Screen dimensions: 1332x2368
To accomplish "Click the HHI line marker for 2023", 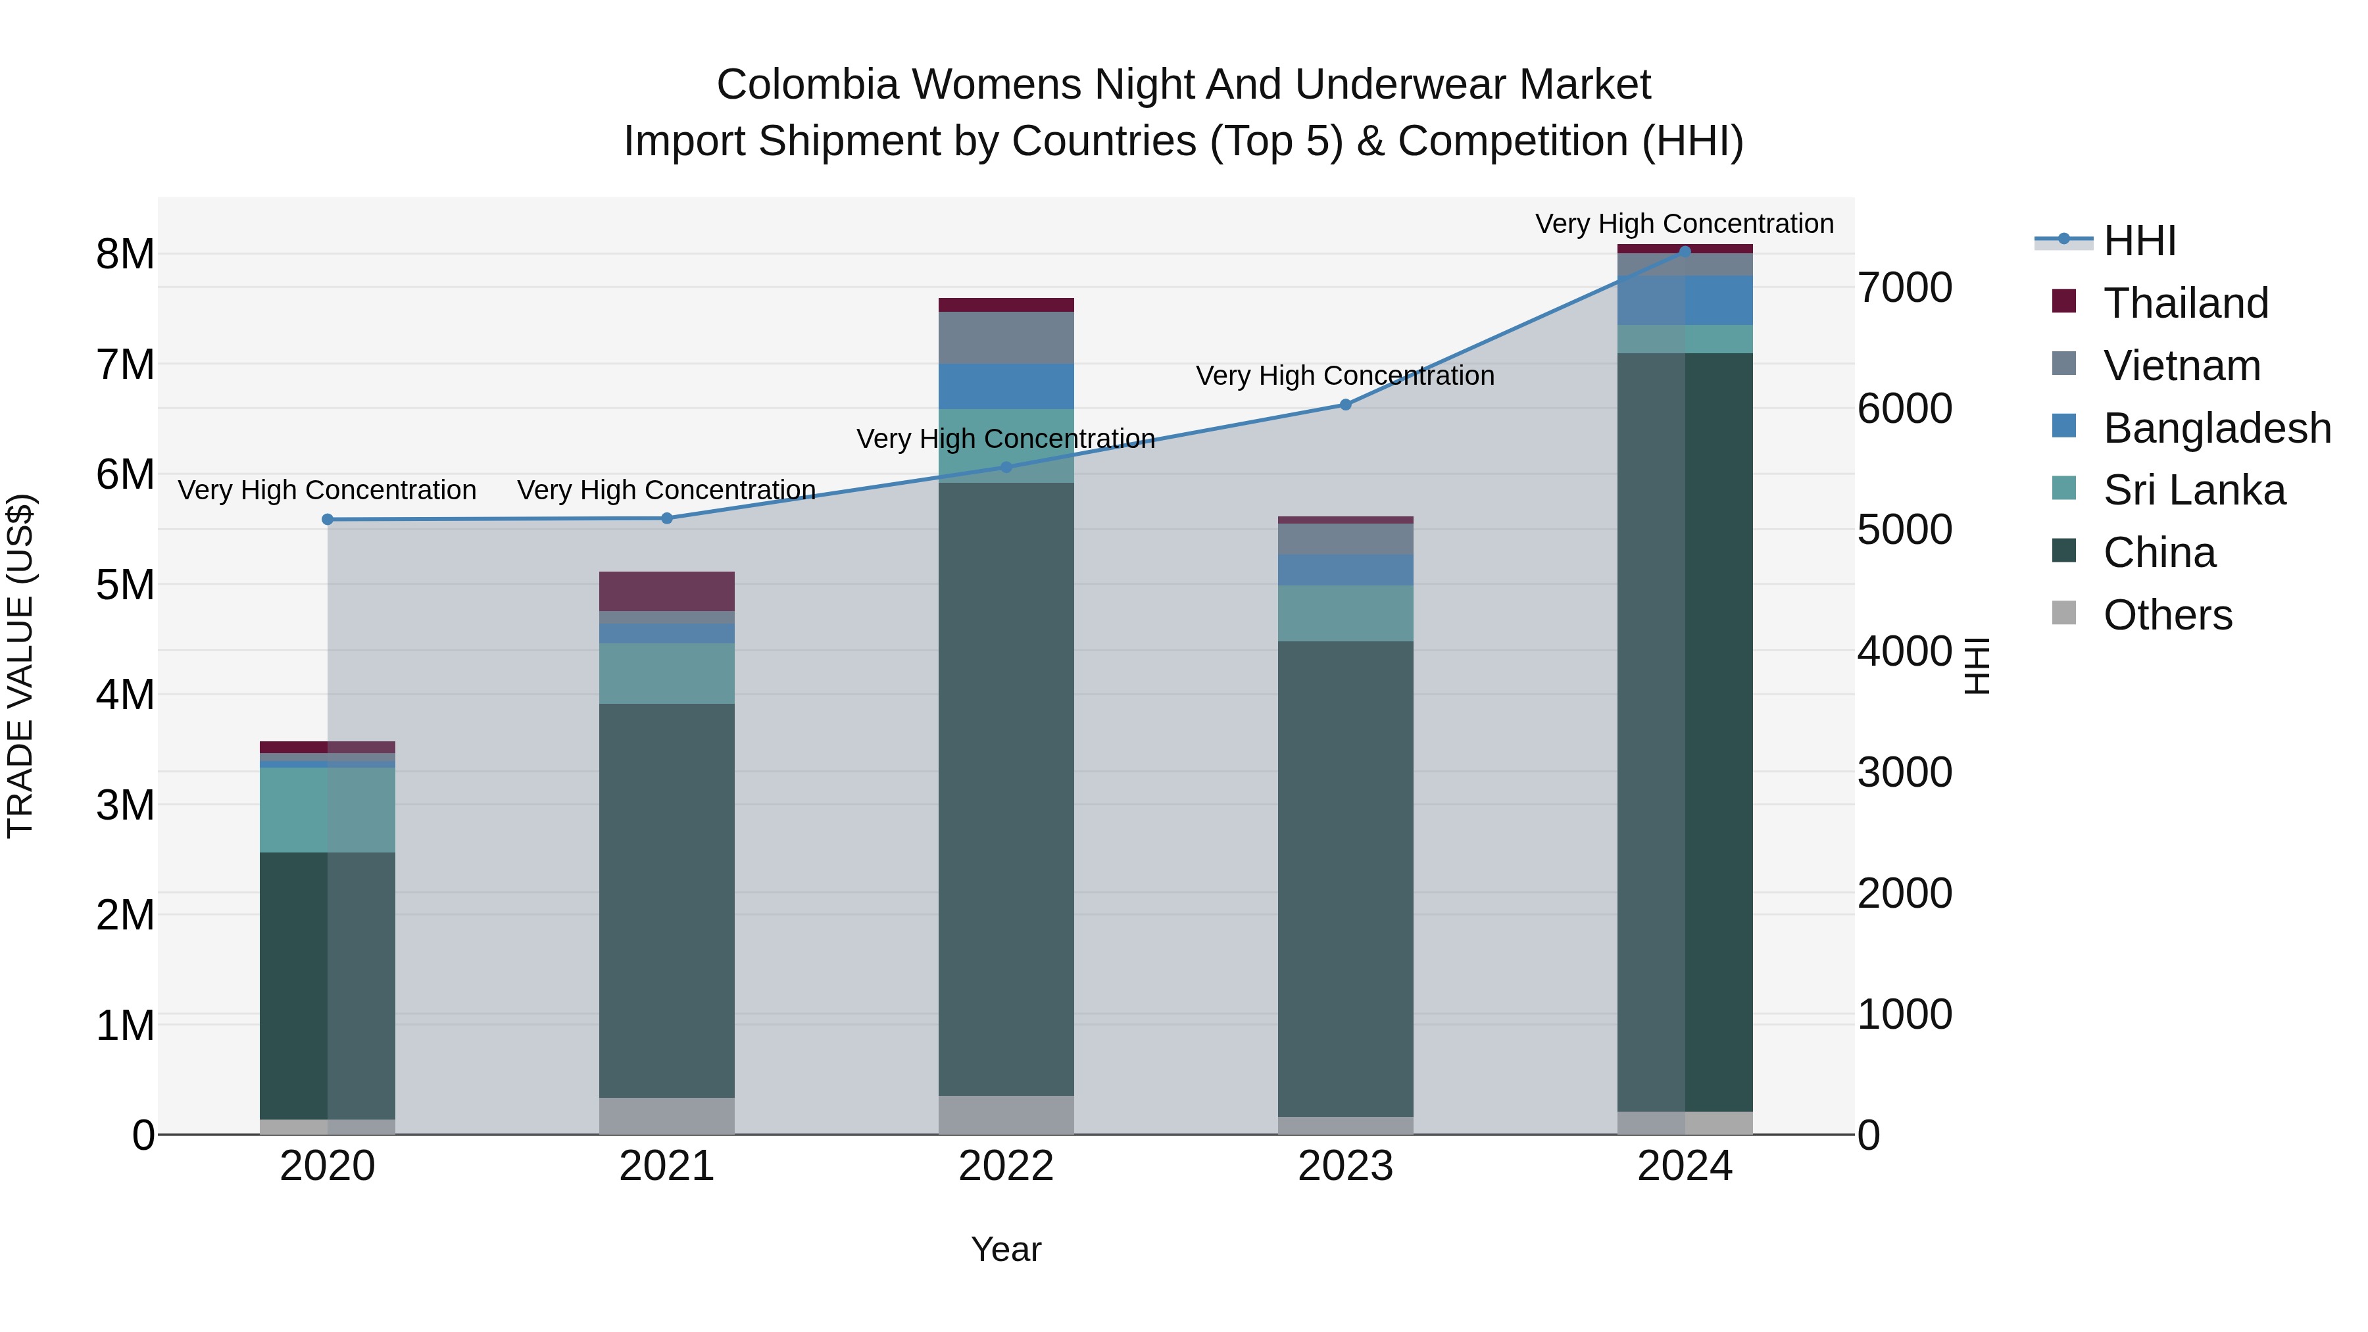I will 1345,405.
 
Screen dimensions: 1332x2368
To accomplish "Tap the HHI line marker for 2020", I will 328,520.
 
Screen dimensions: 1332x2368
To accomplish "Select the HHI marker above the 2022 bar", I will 1006,467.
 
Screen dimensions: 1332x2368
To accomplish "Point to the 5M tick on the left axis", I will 126,585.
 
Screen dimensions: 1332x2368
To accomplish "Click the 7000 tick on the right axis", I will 1904,287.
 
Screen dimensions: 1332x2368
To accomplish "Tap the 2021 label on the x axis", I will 666,1166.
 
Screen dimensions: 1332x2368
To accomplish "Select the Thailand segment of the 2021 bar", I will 666,591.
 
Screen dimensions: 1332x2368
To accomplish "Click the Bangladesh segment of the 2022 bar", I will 1006,386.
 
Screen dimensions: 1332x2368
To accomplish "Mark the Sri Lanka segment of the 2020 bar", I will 328,809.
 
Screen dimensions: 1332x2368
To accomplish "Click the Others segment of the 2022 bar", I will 1006,1114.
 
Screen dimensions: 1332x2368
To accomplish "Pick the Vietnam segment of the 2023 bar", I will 1345,539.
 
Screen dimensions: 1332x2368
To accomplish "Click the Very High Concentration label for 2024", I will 1684,224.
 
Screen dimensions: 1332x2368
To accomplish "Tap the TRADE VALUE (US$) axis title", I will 20,666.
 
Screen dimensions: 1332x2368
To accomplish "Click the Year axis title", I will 1006,1249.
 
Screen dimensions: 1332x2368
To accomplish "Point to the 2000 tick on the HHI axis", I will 1904,893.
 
